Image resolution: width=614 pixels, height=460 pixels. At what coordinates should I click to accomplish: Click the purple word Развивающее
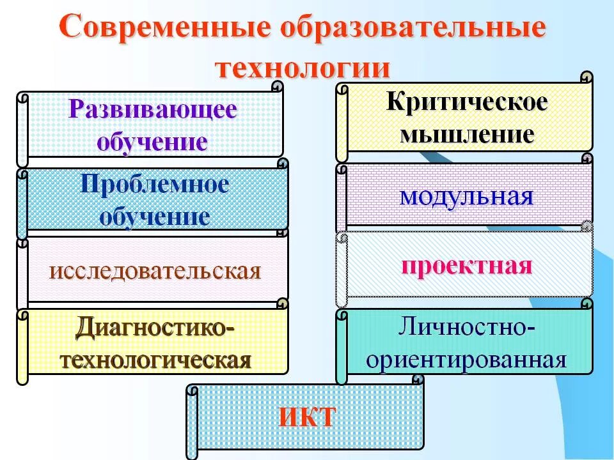[153, 109]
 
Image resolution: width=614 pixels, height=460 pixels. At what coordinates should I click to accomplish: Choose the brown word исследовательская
[155, 270]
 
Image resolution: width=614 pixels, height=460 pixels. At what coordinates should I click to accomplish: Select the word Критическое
[467, 103]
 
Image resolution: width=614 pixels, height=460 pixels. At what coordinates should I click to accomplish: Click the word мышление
[467, 134]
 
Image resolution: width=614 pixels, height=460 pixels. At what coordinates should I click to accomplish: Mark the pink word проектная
[466, 265]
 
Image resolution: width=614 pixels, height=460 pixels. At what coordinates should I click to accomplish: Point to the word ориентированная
[466, 359]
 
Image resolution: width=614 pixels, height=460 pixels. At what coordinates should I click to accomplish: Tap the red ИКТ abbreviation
[306, 418]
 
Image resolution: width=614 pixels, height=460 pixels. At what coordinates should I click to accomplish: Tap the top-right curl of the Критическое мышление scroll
[586, 78]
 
